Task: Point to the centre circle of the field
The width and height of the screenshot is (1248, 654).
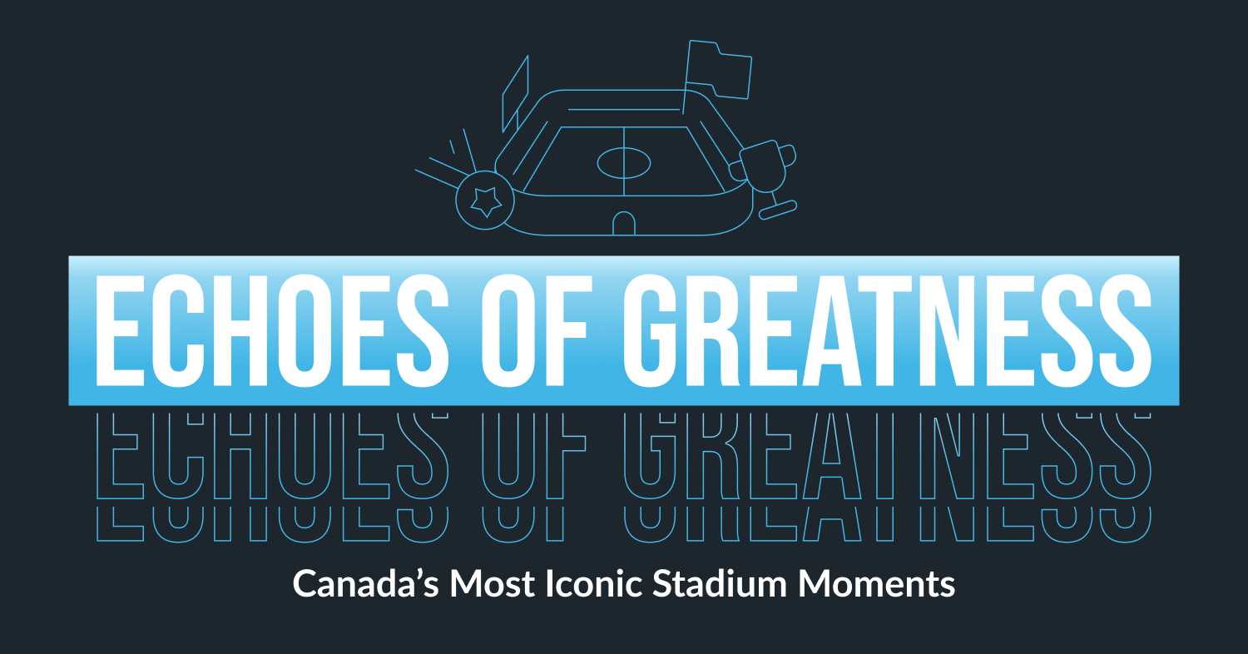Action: tap(624, 162)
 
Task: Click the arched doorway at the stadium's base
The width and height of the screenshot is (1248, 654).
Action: tap(624, 223)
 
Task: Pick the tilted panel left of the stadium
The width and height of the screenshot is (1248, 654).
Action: tap(515, 93)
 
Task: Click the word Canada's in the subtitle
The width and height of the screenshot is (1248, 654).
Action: tap(365, 584)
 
